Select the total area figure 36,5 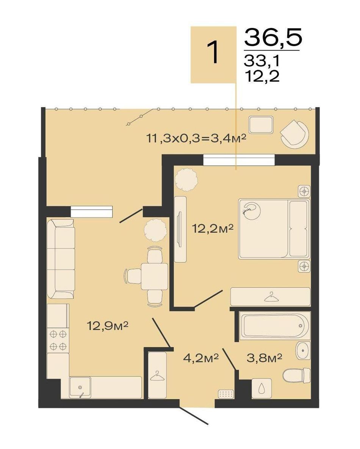pyautogui.click(x=273, y=37)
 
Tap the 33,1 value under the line pyautogui.click(x=261, y=61)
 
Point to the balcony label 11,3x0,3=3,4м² pyautogui.click(x=197, y=139)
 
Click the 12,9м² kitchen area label pyautogui.click(x=108, y=326)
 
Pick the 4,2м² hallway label pyautogui.click(x=201, y=358)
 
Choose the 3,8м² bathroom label pyautogui.click(x=265, y=358)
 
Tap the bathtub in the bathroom pyautogui.click(x=275, y=326)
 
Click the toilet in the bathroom pyautogui.click(x=296, y=376)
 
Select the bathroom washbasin pyautogui.click(x=303, y=350)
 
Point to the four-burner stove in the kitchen pyautogui.click(x=58, y=340)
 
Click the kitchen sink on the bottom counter pyautogui.click(x=80, y=387)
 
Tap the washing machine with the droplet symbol pyautogui.click(x=262, y=388)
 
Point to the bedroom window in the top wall pyautogui.click(x=239, y=160)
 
